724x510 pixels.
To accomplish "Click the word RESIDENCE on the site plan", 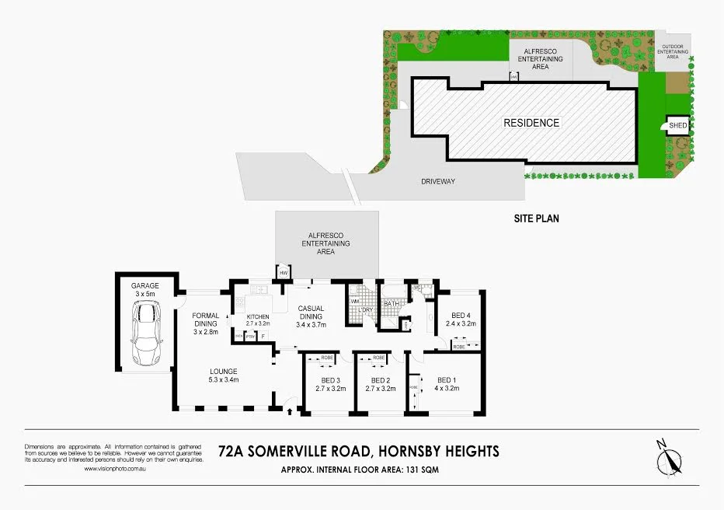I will tap(531, 123).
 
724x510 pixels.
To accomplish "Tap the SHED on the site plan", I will tap(678, 125).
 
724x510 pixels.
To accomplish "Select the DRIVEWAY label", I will tap(437, 182).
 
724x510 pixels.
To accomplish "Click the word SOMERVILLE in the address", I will tap(302, 451).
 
